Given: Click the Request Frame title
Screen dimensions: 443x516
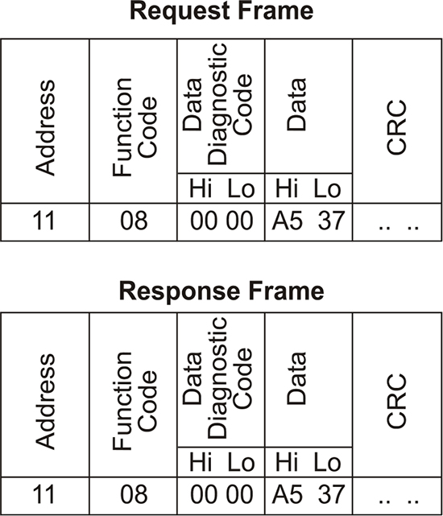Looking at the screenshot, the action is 221,10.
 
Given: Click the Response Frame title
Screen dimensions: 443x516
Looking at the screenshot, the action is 221,291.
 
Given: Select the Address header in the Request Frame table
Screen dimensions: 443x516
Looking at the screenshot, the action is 45,127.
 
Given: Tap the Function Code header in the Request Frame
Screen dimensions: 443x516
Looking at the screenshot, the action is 134,127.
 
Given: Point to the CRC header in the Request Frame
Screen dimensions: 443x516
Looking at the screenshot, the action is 396,127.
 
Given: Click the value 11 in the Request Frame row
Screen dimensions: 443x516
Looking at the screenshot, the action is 43,221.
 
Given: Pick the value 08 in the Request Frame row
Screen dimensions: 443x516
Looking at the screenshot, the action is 134,221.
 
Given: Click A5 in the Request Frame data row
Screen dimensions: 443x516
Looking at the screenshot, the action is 287,221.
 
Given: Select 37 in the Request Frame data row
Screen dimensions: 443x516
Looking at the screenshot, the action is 331,221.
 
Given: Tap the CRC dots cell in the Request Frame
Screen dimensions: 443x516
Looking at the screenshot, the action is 399,227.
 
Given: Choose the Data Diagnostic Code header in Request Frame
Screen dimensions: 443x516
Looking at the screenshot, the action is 217,104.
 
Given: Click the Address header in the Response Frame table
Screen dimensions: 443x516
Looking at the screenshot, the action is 45,402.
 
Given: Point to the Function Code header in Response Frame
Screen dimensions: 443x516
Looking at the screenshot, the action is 134,401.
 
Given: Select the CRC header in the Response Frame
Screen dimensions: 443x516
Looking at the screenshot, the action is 396,401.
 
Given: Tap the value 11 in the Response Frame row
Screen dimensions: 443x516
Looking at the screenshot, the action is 43,494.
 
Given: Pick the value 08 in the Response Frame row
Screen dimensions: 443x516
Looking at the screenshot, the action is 134,494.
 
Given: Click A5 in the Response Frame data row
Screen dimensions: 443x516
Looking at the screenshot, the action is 287,494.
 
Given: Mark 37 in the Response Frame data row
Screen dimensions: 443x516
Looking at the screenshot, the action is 331,494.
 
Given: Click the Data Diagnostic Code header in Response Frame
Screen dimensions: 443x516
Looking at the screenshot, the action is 217,378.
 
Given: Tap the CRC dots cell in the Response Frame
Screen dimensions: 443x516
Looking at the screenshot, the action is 399,501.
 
